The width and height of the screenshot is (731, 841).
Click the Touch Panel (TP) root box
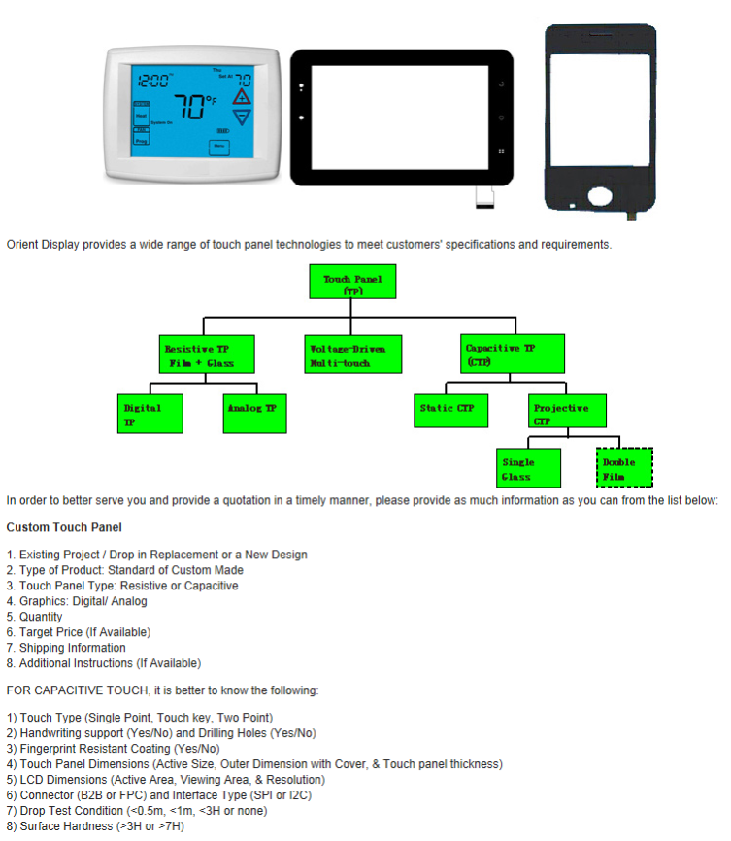tap(353, 283)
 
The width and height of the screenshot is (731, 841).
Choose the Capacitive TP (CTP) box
tap(500, 354)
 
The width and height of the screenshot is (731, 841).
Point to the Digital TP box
tap(143, 414)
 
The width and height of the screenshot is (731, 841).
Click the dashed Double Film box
tap(622, 467)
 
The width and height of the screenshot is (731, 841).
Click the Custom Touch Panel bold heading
tap(64, 527)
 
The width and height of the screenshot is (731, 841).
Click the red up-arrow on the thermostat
tap(243, 98)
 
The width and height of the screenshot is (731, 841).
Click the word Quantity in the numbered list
tap(41, 617)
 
